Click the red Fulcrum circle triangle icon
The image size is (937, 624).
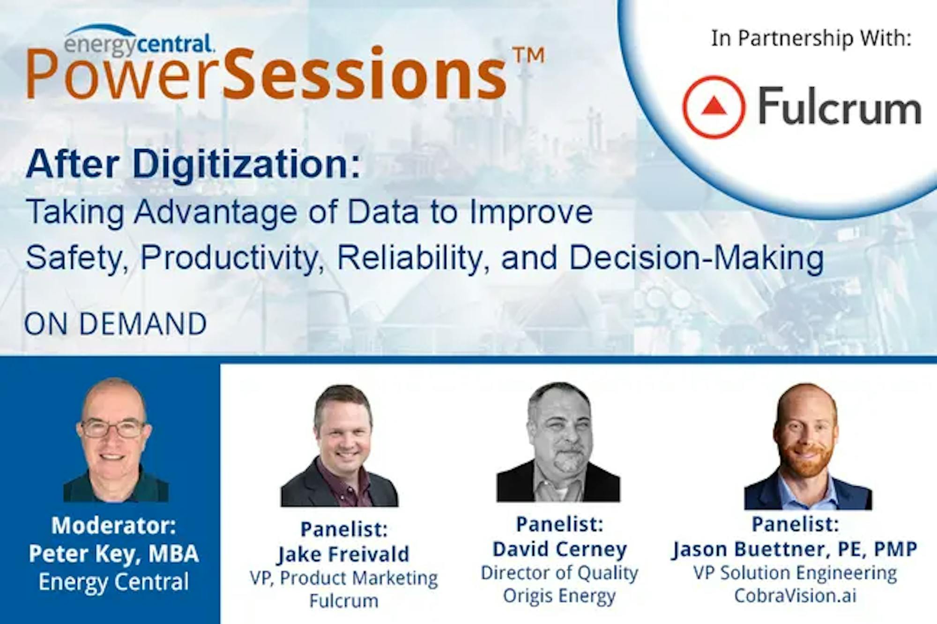pyautogui.click(x=714, y=107)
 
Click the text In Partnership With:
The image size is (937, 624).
pyautogui.click(x=811, y=38)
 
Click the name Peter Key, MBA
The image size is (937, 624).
pyautogui.click(x=114, y=554)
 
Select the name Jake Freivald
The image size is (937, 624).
pyautogui.click(x=343, y=554)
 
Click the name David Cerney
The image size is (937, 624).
pyautogui.click(x=559, y=549)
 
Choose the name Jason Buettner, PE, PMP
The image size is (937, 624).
pyautogui.click(x=795, y=549)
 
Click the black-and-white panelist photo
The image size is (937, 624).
pyautogui.click(x=558, y=442)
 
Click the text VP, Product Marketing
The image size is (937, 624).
pyautogui.click(x=343, y=578)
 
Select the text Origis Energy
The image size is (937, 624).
pyautogui.click(x=559, y=596)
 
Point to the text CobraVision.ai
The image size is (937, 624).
pyautogui.click(x=795, y=595)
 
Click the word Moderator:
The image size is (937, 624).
pyautogui.click(x=114, y=525)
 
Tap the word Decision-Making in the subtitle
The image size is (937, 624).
pyautogui.click(x=696, y=258)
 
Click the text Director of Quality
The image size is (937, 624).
pyautogui.click(x=559, y=573)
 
